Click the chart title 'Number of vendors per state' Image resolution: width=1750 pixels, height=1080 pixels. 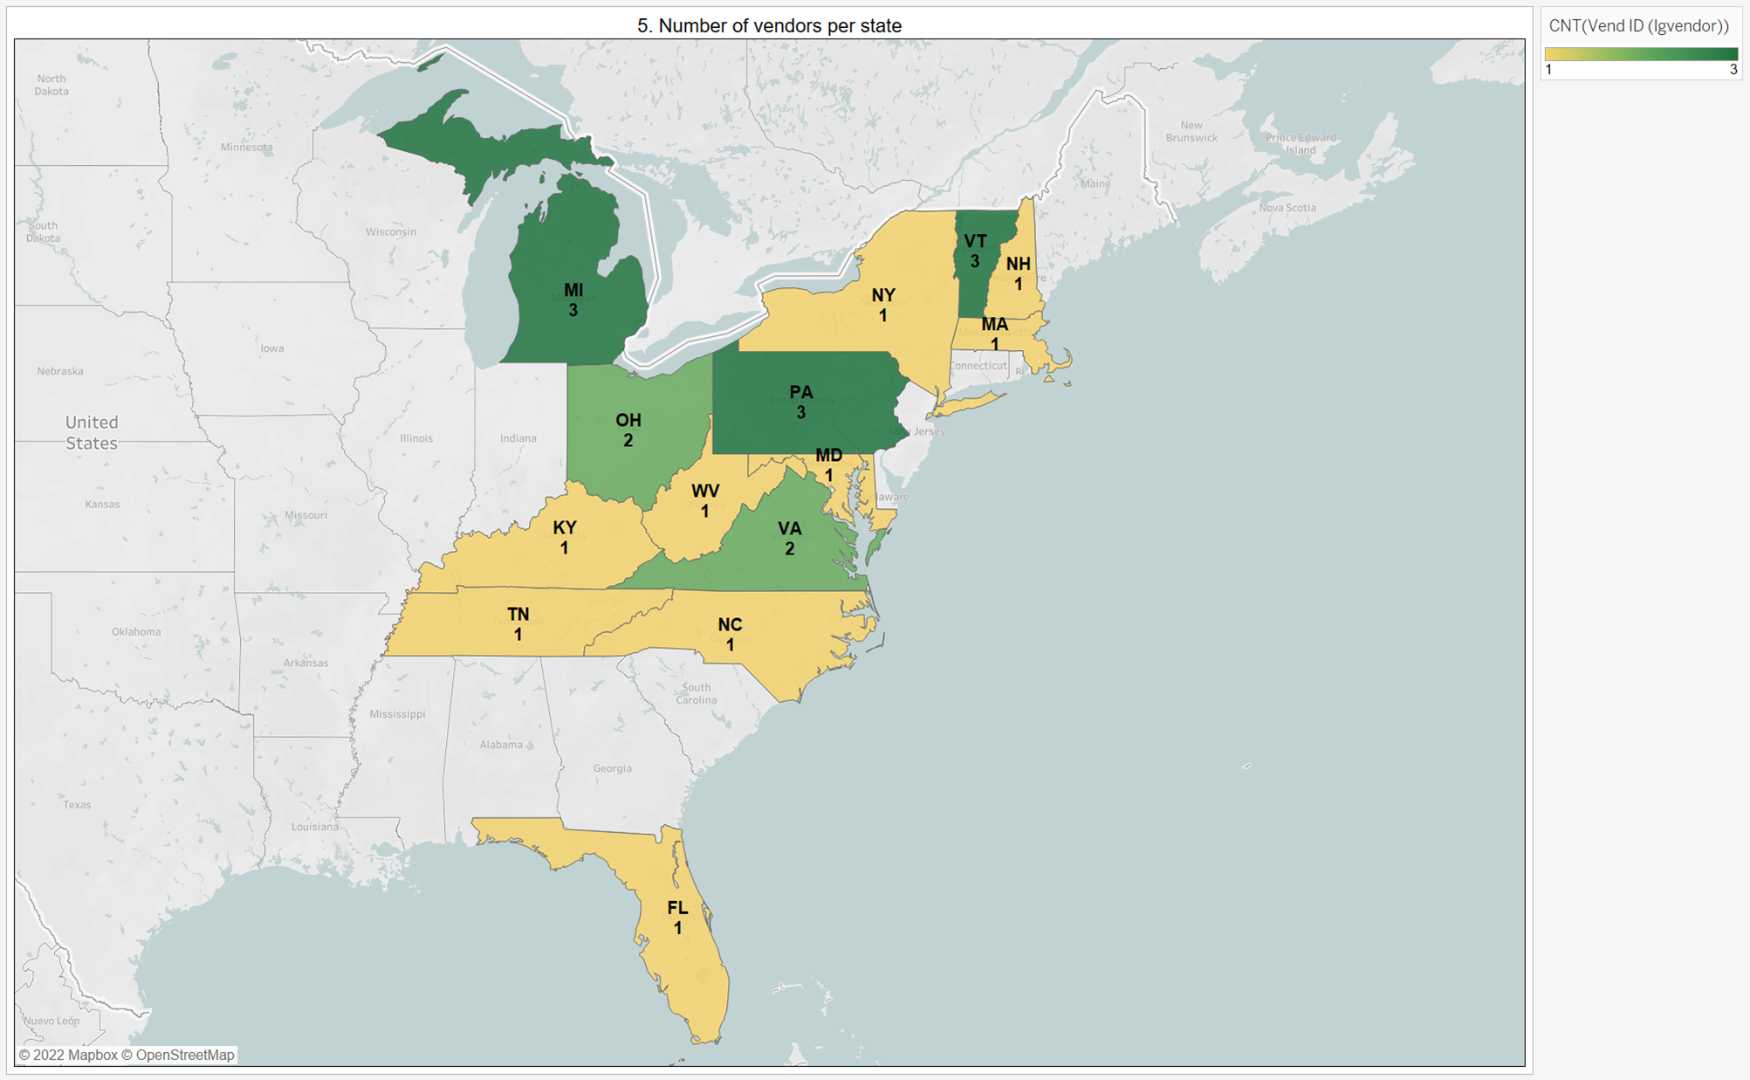coord(769,25)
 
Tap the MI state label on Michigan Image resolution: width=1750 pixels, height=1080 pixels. coord(573,291)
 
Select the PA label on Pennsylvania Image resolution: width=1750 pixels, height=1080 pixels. coord(800,393)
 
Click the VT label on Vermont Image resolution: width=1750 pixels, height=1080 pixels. coord(975,241)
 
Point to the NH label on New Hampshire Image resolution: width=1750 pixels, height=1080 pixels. coord(1018,264)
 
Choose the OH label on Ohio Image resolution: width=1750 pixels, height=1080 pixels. coord(628,421)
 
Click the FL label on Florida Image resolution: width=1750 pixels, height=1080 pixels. coord(677,908)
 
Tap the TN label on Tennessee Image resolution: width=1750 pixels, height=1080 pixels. coord(518,615)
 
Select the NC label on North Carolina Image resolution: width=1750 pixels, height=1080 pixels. coord(730,625)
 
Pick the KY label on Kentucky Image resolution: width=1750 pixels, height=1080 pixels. coord(565,528)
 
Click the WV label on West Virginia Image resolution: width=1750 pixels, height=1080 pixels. coord(705,491)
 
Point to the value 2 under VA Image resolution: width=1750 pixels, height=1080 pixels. coord(789,549)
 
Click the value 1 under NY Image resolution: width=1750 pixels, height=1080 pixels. coord(882,316)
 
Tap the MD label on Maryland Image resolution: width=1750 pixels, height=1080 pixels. coord(828,455)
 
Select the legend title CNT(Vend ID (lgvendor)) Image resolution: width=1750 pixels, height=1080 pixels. coord(1638,26)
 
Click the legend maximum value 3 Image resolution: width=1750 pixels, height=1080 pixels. coord(1733,70)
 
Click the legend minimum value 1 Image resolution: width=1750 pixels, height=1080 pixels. coord(1549,70)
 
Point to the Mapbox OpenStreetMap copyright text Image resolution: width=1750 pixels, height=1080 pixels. coord(127,1055)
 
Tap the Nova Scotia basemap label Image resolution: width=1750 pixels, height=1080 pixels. coord(1287,208)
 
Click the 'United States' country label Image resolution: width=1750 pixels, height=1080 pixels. coord(92,432)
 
